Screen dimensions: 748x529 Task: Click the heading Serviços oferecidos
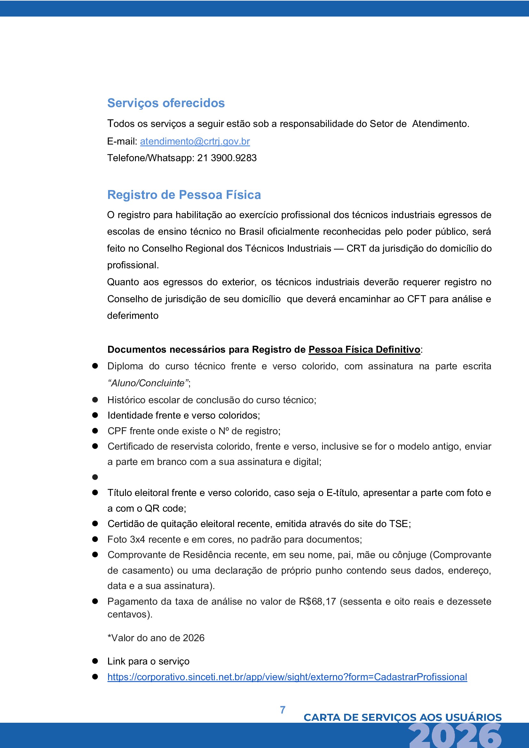(x=166, y=103)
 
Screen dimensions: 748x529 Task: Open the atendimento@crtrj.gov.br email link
(x=195, y=141)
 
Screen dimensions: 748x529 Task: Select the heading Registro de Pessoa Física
(x=184, y=195)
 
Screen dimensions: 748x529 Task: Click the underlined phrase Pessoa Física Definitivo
(x=364, y=350)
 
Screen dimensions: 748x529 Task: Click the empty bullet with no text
(x=95, y=477)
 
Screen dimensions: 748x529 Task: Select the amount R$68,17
(x=317, y=602)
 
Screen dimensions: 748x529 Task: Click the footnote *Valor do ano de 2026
(x=156, y=638)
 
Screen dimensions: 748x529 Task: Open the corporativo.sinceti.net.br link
(x=287, y=677)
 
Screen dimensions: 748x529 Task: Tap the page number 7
(x=283, y=710)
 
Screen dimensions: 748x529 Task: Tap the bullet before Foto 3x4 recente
(x=95, y=539)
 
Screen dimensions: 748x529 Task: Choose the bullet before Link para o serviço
(x=95, y=661)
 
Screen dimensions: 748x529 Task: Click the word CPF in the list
(x=117, y=431)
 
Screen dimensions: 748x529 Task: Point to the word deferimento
(x=133, y=316)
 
